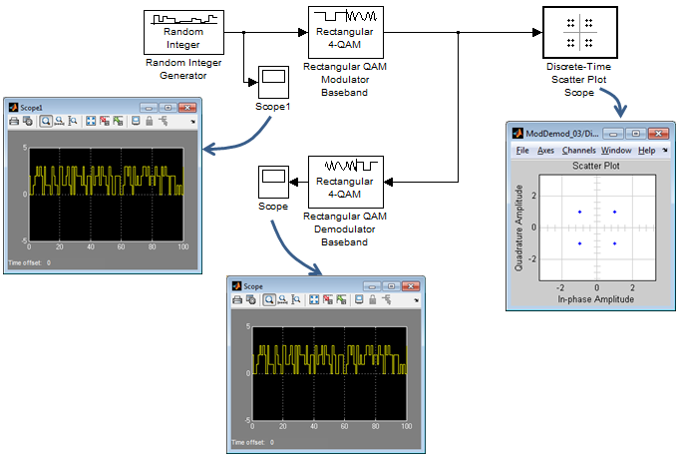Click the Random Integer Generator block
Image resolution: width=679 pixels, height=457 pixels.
(x=183, y=33)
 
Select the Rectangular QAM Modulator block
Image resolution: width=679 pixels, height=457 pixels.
(x=346, y=32)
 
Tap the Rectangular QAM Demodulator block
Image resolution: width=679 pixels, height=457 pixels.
(x=346, y=182)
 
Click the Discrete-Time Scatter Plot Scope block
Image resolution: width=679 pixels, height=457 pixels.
(x=580, y=32)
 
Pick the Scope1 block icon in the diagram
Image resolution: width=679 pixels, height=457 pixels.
(x=273, y=82)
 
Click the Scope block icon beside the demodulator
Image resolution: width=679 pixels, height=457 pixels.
(x=273, y=182)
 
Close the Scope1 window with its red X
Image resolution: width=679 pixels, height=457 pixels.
(x=187, y=108)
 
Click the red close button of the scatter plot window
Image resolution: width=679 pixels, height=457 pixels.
(x=659, y=134)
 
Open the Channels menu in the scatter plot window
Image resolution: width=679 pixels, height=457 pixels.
(x=578, y=151)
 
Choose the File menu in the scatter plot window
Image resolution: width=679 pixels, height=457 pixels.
(x=522, y=151)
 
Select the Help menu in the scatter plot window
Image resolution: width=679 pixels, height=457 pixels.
(x=646, y=151)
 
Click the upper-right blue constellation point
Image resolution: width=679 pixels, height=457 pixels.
(x=614, y=212)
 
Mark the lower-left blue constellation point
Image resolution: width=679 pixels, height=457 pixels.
(x=580, y=243)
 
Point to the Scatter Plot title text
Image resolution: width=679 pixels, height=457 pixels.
(x=596, y=166)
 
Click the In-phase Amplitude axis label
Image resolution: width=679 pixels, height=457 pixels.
(x=595, y=299)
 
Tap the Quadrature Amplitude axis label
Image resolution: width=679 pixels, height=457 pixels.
(x=518, y=228)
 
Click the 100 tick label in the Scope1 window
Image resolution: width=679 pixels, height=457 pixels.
(x=183, y=246)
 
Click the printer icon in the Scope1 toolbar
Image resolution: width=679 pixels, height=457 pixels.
(x=14, y=121)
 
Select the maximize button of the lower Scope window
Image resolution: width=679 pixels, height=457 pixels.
(x=391, y=286)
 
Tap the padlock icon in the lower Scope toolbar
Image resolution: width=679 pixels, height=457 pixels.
(x=373, y=299)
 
